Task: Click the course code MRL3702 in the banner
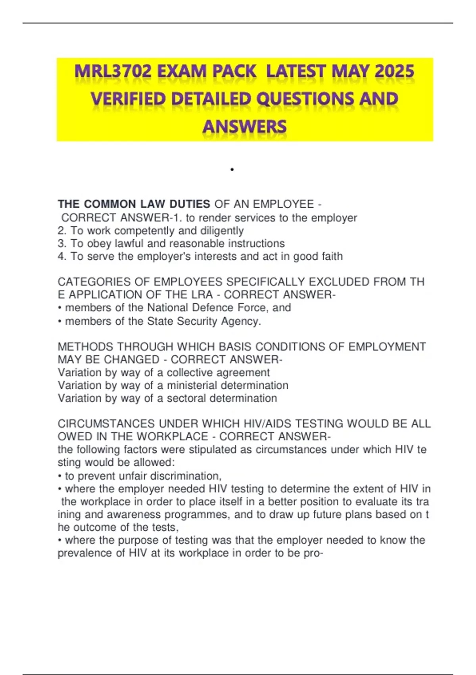coord(113,72)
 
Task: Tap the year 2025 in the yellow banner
coord(394,72)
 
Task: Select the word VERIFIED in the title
coord(128,99)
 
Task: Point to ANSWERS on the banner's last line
coord(244,127)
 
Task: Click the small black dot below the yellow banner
coord(232,170)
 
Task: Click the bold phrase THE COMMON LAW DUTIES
coord(134,204)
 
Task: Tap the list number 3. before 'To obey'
coord(62,243)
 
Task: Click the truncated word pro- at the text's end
coord(313,553)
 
